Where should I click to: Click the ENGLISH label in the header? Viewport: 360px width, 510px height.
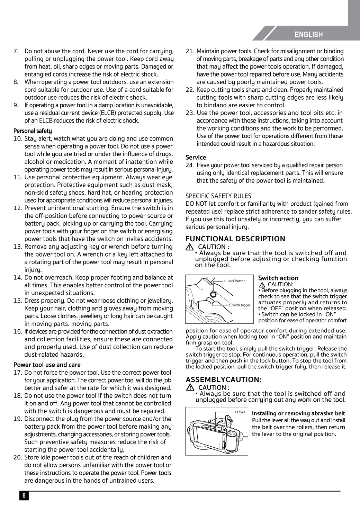(309, 35)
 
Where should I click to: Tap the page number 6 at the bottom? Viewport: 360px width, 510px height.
(24, 495)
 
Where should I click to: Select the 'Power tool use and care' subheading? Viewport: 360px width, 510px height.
(47, 365)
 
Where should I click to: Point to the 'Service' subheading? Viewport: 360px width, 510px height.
(196, 158)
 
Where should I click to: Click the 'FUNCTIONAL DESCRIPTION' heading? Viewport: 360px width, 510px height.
(235, 239)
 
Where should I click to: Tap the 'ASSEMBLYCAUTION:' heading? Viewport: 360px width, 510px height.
(224, 379)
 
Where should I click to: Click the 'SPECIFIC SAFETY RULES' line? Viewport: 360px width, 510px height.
(218, 196)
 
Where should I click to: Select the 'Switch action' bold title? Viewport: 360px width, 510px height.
(278, 278)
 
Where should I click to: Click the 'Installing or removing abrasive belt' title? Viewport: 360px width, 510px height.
(298, 413)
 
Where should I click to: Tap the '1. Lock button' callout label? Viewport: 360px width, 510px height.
(234, 281)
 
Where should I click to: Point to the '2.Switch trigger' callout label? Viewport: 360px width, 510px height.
(239, 305)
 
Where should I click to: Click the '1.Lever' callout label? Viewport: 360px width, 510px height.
(240, 412)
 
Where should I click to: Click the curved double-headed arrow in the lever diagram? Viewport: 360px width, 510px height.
(219, 422)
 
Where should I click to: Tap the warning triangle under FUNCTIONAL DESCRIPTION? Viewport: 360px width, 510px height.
(189, 247)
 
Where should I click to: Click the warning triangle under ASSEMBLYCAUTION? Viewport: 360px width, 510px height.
(189, 387)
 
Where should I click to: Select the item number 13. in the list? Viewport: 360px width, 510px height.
(18, 247)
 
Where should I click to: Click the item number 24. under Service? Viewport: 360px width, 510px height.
(190, 165)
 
